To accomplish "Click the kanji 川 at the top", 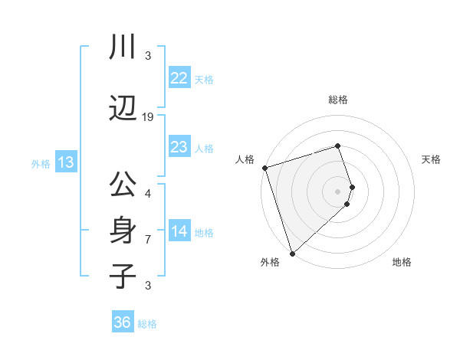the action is pos(122,47).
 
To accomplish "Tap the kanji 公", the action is pos(122,185).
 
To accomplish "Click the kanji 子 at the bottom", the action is pos(122,276).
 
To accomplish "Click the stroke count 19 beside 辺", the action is pos(148,117).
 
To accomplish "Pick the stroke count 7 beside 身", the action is pos(148,240).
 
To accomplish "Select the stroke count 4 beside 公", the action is pos(148,193).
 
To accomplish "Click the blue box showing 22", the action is pos(179,78).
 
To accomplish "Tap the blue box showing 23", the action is pos(179,147).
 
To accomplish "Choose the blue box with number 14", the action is pos(179,231).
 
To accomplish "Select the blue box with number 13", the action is pos(65,162).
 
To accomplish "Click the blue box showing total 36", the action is pos(122,322).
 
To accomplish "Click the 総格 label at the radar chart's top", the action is pos(338,100).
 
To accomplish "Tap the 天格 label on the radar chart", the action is pos(431,159).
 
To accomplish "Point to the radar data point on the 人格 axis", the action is pos(264,168).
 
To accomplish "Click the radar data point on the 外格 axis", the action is pos(292,253).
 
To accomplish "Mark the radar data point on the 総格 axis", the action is pos(338,146).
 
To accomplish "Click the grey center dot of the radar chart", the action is pos(338,191).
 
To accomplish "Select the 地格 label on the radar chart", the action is pos(402,262).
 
